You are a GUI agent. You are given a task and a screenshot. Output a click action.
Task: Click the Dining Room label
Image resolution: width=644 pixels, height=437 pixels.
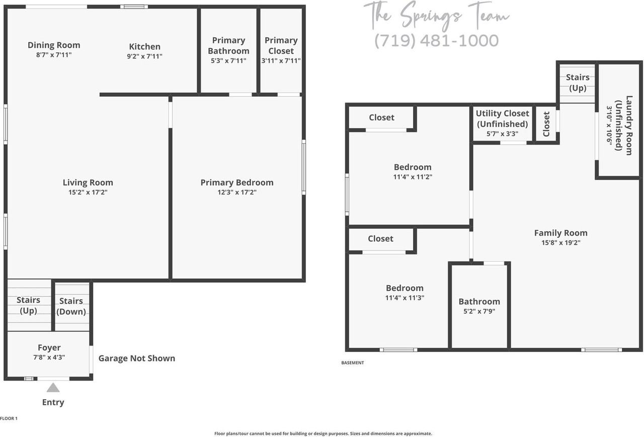click(54, 45)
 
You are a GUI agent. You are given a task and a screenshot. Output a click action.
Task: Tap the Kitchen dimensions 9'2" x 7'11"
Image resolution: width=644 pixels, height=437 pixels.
click(144, 56)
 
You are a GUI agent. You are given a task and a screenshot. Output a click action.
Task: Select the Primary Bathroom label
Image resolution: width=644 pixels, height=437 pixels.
click(228, 45)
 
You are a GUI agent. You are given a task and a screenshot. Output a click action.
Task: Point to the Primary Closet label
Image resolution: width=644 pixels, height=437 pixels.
click(281, 45)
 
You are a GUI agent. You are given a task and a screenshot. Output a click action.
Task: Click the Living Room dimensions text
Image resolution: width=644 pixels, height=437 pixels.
click(88, 192)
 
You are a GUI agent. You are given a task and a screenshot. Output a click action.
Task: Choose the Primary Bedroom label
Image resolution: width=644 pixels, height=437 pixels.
click(237, 182)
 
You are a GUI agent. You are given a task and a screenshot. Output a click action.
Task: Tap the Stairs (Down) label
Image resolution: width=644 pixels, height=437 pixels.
click(71, 306)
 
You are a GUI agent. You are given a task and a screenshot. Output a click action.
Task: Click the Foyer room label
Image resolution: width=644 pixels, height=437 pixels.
click(49, 348)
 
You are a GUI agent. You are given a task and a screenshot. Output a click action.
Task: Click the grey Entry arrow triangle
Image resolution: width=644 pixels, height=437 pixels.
click(53, 388)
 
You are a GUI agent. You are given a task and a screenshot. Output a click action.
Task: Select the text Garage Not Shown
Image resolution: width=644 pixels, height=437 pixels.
click(137, 358)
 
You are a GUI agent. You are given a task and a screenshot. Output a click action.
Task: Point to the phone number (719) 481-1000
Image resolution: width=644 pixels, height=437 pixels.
click(436, 41)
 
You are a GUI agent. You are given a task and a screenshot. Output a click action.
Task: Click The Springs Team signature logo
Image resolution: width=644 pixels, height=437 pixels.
click(436, 15)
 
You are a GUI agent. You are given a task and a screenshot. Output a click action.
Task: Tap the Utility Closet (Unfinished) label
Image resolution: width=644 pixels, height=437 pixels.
click(503, 118)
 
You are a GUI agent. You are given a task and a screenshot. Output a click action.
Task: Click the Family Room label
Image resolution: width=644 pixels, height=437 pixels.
click(560, 233)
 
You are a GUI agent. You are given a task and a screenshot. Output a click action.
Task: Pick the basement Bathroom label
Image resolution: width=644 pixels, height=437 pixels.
click(479, 301)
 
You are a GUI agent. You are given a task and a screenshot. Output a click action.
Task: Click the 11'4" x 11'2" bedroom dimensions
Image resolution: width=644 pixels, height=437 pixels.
click(413, 177)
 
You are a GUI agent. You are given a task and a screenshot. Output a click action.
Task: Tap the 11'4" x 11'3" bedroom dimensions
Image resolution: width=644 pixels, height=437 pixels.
click(405, 297)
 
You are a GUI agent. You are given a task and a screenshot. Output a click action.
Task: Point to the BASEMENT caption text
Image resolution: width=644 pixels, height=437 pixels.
click(352, 363)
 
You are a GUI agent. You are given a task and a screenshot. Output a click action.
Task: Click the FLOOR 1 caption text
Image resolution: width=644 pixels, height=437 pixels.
click(9, 418)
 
